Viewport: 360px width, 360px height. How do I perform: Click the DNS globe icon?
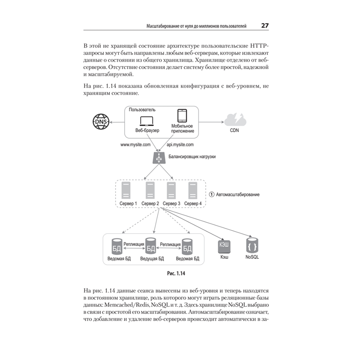pyautogui.click(x=101, y=122)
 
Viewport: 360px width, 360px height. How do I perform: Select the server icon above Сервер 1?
pyautogui.click(x=126, y=190)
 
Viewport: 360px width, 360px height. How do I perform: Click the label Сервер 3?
pyautogui.click(x=171, y=204)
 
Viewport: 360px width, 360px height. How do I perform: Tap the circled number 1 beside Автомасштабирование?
pyautogui.click(x=212, y=194)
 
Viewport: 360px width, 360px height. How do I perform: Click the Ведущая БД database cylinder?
pyautogui.click(x=151, y=247)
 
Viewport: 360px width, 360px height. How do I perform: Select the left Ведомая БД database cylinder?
pyautogui.click(x=117, y=247)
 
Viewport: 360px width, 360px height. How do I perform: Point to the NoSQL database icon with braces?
pyautogui.click(x=252, y=246)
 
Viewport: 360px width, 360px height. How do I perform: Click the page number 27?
pyautogui.click(x=265, y=26)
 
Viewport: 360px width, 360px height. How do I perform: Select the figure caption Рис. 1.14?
pyautogui.click(x=176, y=274)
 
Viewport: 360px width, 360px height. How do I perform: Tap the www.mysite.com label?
pyautogui.click(x=135, y=145)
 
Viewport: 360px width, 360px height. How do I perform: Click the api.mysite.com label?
pyautogui.click(x=180, y=145)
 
